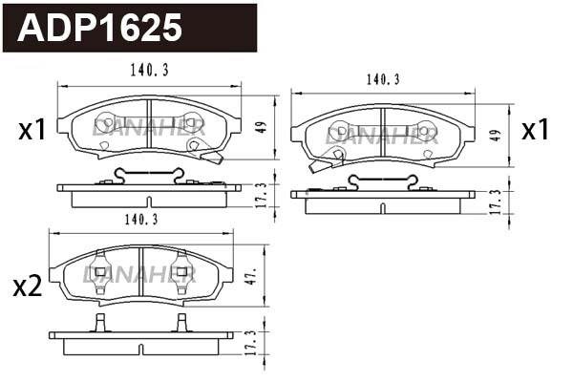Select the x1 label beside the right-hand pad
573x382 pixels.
pos(535,130)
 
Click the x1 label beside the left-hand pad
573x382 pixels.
pos(32,130)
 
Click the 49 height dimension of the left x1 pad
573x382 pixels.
pos(259,126)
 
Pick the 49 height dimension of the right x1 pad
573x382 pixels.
pos(495,135)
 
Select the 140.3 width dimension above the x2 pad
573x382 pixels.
pos(140,220)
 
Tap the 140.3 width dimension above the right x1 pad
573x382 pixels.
pos(383,80)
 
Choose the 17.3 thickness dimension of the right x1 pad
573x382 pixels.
pos(495,201)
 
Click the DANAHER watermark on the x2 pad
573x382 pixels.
pos(139,275)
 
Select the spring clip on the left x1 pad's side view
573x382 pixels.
pos(148,175)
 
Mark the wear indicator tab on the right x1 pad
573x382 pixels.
pos(320,164)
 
